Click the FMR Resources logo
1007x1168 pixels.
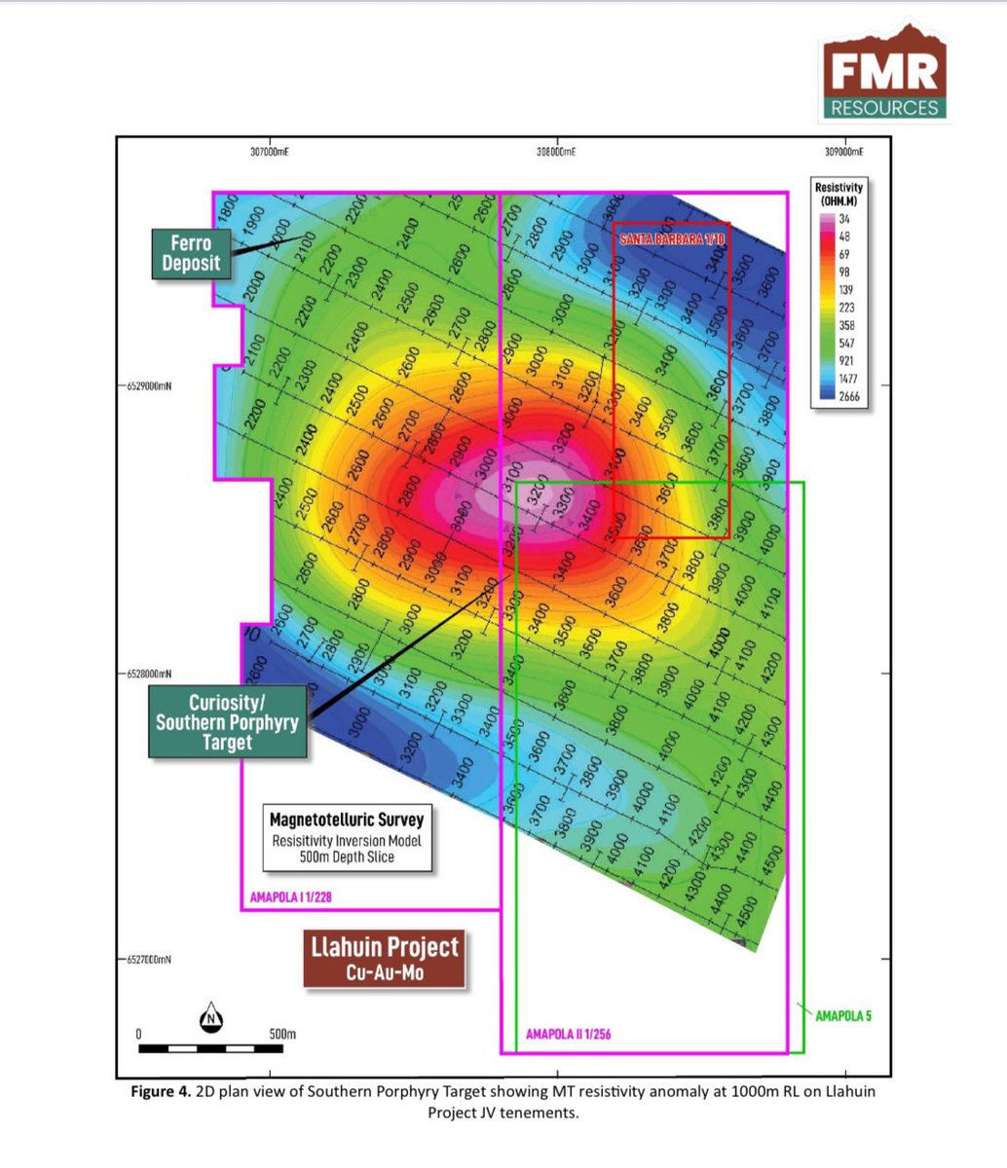pyautogui.click(x=884, y=75)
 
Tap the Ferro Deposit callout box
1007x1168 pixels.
pyautogui.click(x=192, y=253)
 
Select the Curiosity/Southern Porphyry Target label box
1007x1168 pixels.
pyautogui.click(x=227, y=721)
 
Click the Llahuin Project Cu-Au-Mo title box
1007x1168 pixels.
pyautogui.click(x=385, y=959)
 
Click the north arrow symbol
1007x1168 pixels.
pyautogui.click(x=211, y=1017)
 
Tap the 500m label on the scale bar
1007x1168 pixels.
pyautogui.click(x=281, y=1033)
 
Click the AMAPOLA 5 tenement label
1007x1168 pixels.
pyautogui.click(x=843, y=1016)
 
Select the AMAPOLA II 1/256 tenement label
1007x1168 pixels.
pyautogui.click(x=569, y=1035)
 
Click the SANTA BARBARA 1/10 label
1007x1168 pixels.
pyautogui.click(x=671, y=238)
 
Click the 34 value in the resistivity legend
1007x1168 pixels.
pyautogui.click(x=843, y=219)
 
